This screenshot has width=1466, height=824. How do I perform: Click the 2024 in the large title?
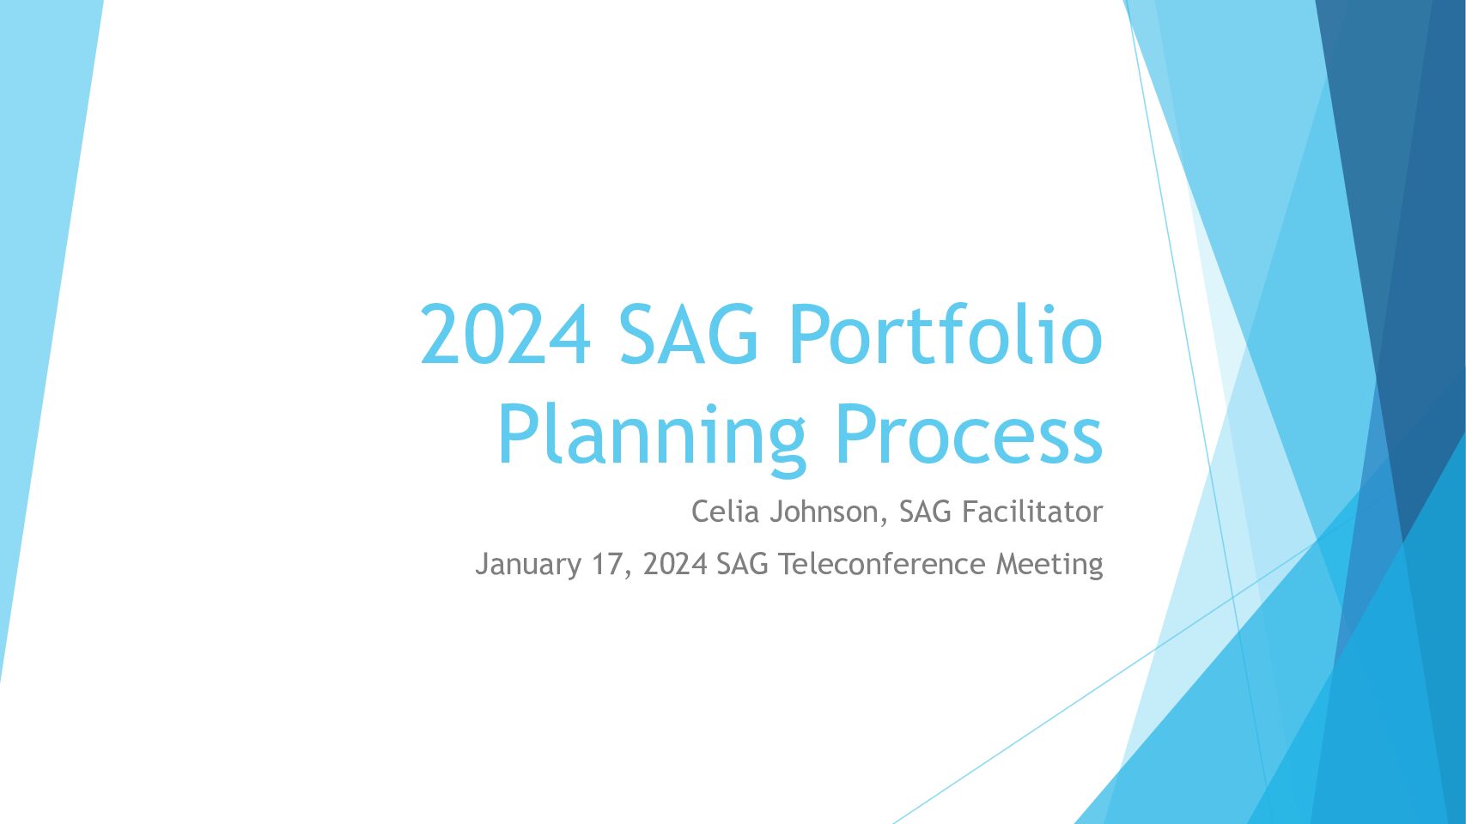[x=505, y=334]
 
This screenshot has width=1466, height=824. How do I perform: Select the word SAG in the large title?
[x=689, y=334]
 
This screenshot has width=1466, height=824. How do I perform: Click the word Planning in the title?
[x=651, y=436]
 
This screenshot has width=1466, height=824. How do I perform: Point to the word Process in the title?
[x=970, y=434]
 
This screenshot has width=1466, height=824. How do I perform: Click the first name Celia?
[x=726, y=511]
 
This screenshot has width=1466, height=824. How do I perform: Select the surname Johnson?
[x=824, y=511]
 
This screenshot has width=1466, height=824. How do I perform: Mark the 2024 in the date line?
[x=675, y=564]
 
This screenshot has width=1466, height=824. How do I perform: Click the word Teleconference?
[x=881, y=564]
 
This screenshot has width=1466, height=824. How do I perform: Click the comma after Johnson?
[x=884, y=521]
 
